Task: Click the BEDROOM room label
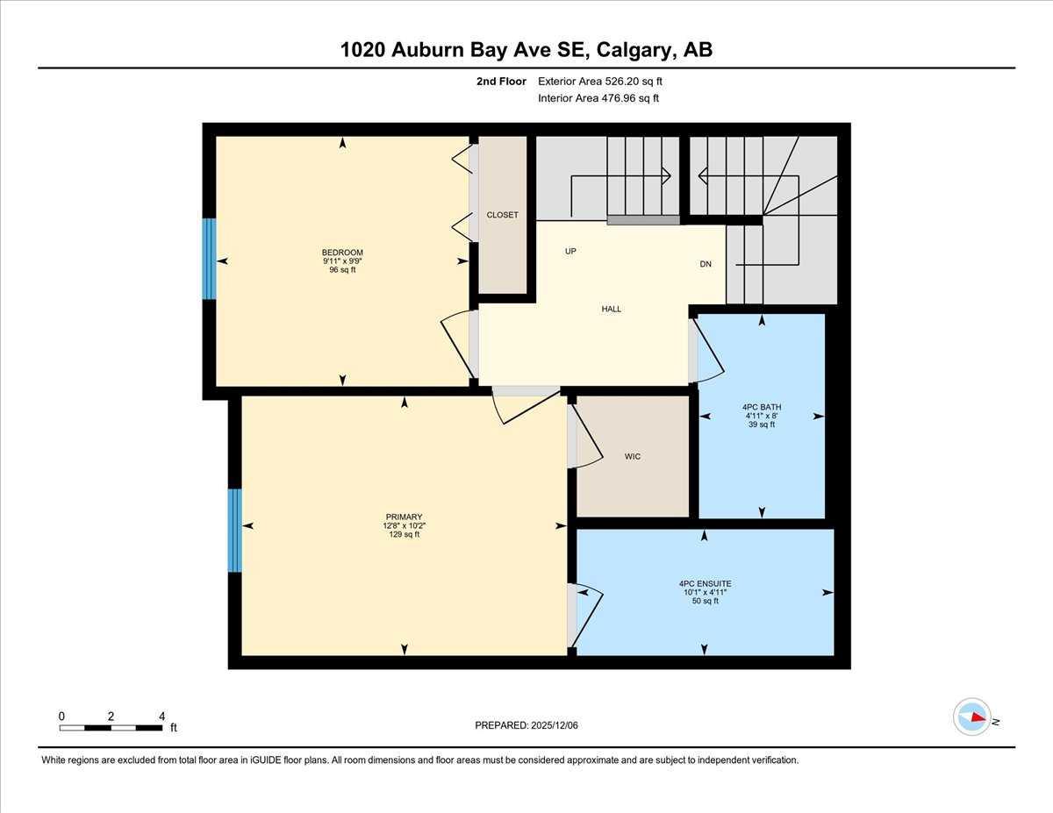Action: [342, 253]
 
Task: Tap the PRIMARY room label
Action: [404, 517]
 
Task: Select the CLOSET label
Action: [503, 215]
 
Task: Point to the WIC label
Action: [633, 456]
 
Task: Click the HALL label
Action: [612, 309]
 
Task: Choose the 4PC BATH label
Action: [761, 407]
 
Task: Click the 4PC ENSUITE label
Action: [705, 583]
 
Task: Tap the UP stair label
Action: [570, 252]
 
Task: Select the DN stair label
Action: [706, 264]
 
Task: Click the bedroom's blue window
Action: [209, 259]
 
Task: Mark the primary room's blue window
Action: [234, 531]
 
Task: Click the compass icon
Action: [972, 717]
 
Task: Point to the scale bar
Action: [111, 728]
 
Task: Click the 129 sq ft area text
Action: [404, 534]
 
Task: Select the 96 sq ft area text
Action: [342, 270]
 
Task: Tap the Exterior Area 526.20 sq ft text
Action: [599, 82]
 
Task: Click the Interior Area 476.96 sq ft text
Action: [598, 98]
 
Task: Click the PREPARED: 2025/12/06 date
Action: [526, 725]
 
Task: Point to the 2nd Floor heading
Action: [501, 82]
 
